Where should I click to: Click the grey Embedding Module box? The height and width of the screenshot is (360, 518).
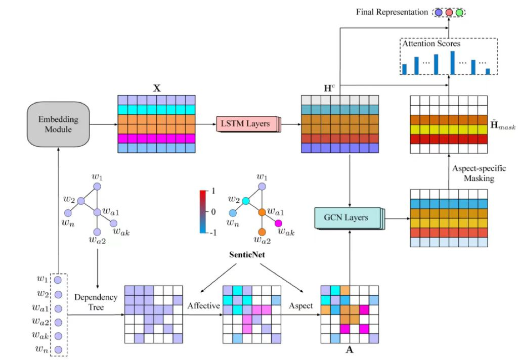pos(58,124)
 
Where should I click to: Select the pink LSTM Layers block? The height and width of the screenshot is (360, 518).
pos(248,124)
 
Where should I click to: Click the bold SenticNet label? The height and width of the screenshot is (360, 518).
pos(247,255)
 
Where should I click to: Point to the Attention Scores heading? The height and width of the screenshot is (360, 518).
pos(431,43)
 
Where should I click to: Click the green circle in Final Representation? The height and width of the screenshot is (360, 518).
pos(459,13)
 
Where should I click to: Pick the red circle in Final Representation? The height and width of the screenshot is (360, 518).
pos(449,13)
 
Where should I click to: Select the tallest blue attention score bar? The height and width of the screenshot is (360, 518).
pos(453,63)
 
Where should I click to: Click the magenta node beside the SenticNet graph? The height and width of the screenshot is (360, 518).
pos(278,223)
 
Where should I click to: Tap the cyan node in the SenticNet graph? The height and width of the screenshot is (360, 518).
pos(245,200)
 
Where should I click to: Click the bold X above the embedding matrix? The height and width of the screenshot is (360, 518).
pos(157,88)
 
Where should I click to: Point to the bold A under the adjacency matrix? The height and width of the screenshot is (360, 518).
pos(350,350)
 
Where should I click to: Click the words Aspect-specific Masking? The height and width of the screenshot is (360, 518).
pos(479,173)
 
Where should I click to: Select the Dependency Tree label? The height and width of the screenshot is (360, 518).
pos(96,302)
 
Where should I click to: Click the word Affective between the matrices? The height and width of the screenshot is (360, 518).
pos(203,306)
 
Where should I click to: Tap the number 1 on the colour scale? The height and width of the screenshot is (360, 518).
pos(213,191)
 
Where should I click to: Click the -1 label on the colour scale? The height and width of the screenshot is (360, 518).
pos(213,233)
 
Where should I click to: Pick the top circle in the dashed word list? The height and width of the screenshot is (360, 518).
pos(58,280)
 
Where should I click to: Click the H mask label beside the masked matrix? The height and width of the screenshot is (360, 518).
pos(502,125)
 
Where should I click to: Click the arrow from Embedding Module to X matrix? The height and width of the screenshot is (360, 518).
pos(104,124)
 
